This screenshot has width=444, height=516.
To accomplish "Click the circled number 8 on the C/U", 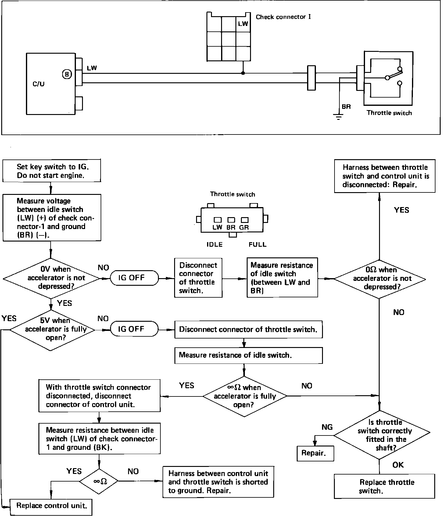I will pos(67,74).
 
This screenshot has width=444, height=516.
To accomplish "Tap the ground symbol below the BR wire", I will pos(338,116).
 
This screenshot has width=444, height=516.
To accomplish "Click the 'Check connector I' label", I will pos(283,17).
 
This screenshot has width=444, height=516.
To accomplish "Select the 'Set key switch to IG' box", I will pos(52,171).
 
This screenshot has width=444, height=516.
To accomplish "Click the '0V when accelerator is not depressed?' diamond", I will pos(51,278).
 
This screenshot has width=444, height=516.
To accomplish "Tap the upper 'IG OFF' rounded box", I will pos(134,278).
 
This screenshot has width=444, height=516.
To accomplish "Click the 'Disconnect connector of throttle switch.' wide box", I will pos(248,330).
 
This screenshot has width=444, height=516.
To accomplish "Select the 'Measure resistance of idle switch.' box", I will pos(248,355).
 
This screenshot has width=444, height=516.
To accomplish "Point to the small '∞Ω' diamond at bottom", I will pos(99,482).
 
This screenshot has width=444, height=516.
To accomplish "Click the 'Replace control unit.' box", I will pos(51,506).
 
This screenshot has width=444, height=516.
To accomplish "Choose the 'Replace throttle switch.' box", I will pos(384,486).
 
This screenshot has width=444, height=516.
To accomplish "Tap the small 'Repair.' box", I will pos(315,453).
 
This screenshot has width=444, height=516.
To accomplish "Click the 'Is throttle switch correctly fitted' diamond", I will pos(382,435).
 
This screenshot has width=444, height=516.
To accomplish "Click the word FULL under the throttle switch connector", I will pos(257,245).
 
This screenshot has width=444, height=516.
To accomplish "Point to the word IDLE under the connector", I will pos(214,245).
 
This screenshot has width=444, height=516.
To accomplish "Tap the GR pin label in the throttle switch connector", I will pos(244,227).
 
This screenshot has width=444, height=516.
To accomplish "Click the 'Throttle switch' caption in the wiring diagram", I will pos(389,113).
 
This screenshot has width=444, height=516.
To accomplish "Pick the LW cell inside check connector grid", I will pos(243,24).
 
